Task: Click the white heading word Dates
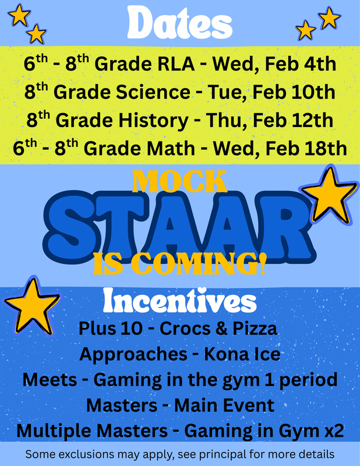click(x=179, y=23)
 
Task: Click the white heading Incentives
click(x=180, y=301)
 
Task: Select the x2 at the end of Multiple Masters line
click(x=334, y=431)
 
